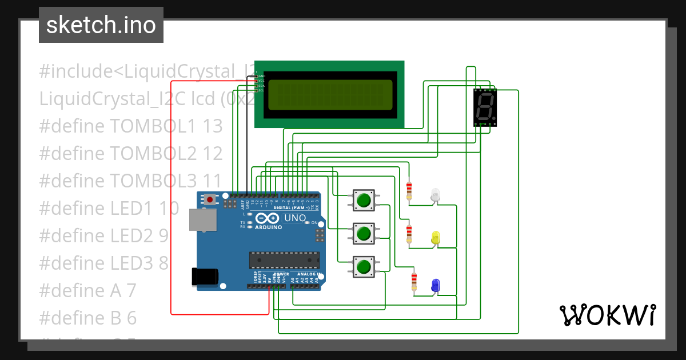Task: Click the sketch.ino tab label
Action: (x=101, y=25)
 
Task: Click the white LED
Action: (x=436, y=194)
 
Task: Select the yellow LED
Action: (x=436, y=238)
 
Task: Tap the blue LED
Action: (x=436, y=285)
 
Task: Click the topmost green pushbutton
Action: (x=363, y=200)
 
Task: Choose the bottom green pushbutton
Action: (x=363, y=267)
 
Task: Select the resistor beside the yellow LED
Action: (x=409, y=234)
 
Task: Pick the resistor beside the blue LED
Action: (x=414, y=281)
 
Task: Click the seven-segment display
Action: (x=485, y=107)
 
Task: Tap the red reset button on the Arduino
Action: (x=211, y=200)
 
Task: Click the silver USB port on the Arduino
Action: (x=203, y=219)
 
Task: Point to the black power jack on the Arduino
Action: (x=205, y=277)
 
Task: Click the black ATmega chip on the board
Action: (x=284, y=259)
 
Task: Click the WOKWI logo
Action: (x=607, y=315)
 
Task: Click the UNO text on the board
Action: (x=296, y=218)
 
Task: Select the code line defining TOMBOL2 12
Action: (x=130, y=153)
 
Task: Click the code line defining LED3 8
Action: (x=103, y=263)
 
